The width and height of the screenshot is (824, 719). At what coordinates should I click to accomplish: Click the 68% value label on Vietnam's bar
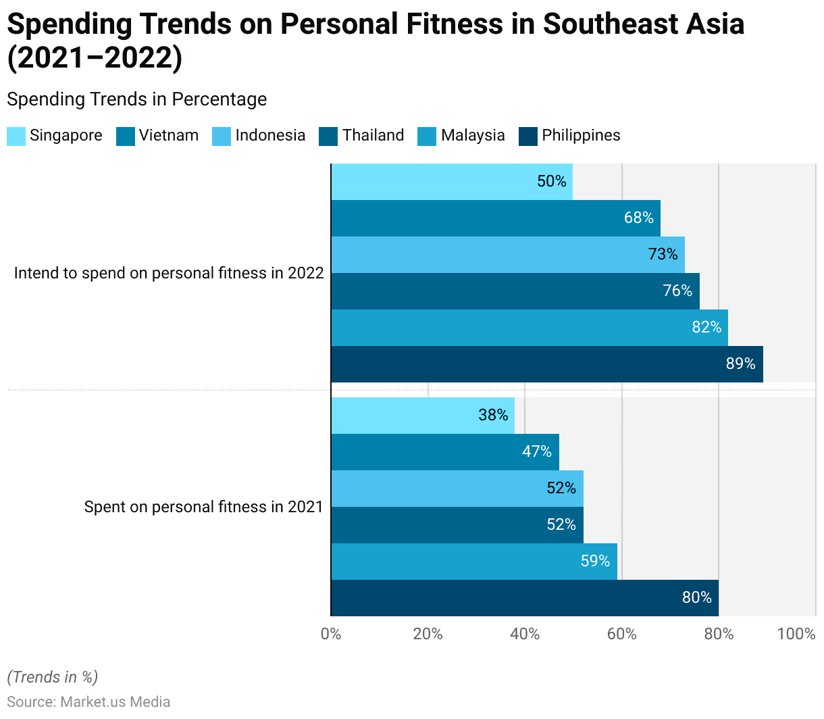[638, 218]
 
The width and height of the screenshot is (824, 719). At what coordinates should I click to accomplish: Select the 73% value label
[663, 254]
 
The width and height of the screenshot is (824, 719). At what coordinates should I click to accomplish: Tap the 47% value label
[537, 451]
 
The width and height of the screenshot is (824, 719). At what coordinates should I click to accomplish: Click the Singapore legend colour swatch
[16, 136]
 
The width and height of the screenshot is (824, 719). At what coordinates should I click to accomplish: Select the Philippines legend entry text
[581, 135]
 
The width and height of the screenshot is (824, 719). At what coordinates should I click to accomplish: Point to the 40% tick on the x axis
[525, 634]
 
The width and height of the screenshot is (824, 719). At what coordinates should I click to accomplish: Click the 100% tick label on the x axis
[796, 634]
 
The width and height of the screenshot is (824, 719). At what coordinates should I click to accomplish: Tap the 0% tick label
[331, 634]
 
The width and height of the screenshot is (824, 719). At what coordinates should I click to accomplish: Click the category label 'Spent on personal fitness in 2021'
[203, 507]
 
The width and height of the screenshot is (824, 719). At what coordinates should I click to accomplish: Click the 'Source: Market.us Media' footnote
[88, 701]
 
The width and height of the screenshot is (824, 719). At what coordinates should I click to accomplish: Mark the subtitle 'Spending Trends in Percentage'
[136, 99]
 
